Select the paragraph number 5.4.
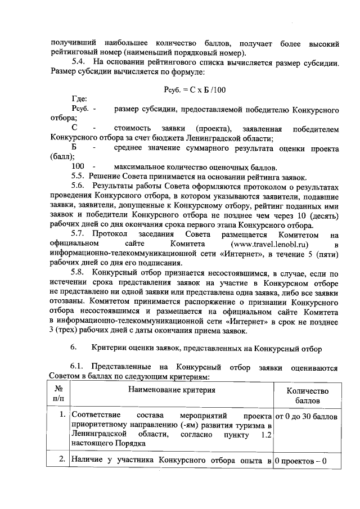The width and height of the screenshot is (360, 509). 82,61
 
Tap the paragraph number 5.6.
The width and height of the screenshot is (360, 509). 82,186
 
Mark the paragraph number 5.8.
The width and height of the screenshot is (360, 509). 82,274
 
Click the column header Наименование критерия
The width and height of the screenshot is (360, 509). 172,390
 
